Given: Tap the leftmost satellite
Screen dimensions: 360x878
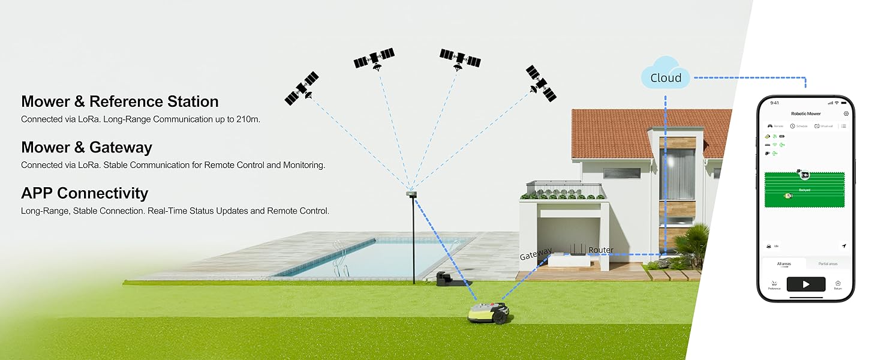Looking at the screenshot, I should tap(301, 89).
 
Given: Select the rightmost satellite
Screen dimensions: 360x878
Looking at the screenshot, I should tap(541, 83).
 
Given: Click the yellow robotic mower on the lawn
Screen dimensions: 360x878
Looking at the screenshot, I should tap(489, 312).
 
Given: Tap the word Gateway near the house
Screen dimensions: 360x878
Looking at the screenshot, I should tap(536, 255).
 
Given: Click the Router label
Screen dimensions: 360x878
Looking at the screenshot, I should tap(601, 250).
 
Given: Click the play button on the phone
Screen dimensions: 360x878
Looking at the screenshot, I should tap(805, 284).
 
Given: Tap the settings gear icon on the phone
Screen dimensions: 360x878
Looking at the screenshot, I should tap(846, 113).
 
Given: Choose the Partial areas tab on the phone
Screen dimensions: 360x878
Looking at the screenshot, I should tap(828, 264).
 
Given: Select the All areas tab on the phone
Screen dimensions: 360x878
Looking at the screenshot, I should tap(784, 264).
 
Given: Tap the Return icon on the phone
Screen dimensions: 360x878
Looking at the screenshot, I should tap(838, 284).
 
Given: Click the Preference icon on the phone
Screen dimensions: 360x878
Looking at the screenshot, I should tap(774, 284).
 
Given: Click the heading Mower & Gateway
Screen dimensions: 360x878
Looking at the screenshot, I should tap(86, 148).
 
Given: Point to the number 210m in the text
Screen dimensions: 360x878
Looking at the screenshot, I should tap(248, 119).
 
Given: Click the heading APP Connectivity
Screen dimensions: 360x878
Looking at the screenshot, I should tap(85, 193).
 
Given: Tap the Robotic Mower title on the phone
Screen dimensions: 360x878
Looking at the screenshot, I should tap(805, 113).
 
